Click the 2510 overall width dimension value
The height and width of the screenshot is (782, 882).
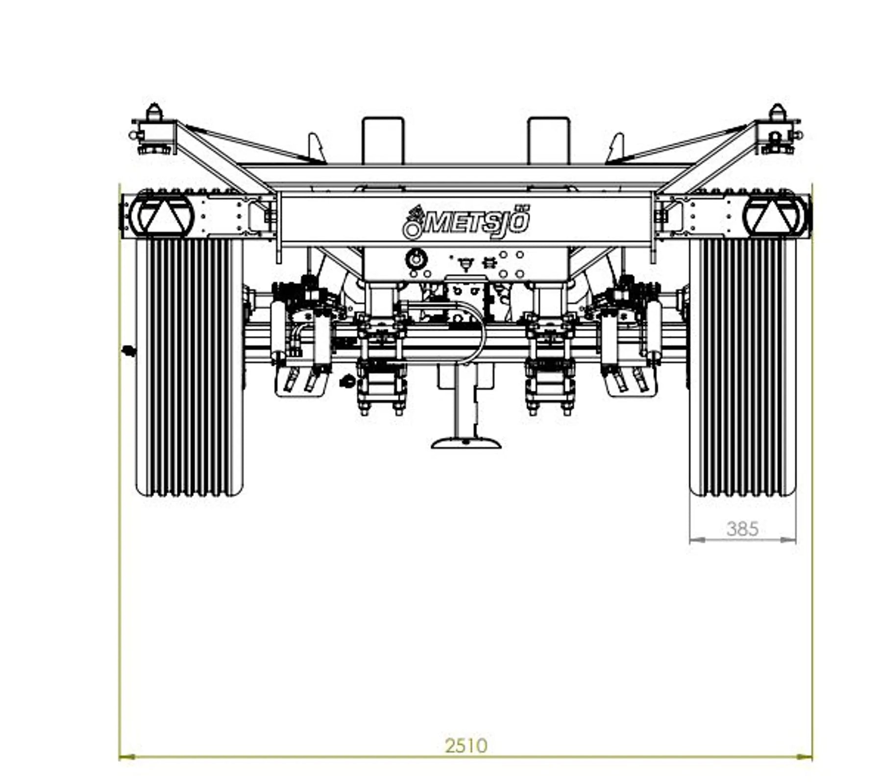(466, 746)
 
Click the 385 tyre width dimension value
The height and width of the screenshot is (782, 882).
(742, 529)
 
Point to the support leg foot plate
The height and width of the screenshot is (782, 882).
(466, 442)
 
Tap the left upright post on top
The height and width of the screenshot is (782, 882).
(383, 141)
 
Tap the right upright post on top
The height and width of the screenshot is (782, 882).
(548, 141)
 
